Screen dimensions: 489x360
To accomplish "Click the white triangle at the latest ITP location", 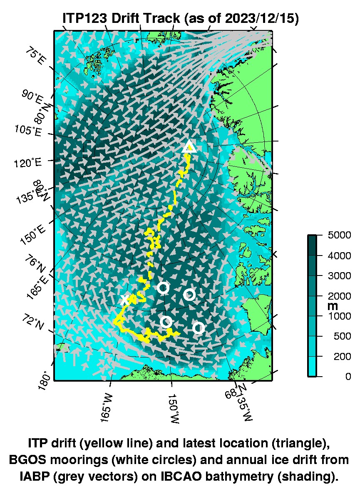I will pos(189,146).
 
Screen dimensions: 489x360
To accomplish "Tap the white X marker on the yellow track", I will pos(125,299).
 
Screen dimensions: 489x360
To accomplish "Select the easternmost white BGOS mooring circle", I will pos(199,328).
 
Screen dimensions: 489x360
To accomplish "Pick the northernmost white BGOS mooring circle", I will pos(163,287).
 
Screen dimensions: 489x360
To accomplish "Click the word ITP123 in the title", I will pos(86,19).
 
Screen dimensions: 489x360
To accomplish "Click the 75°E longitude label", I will pos(35,57).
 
